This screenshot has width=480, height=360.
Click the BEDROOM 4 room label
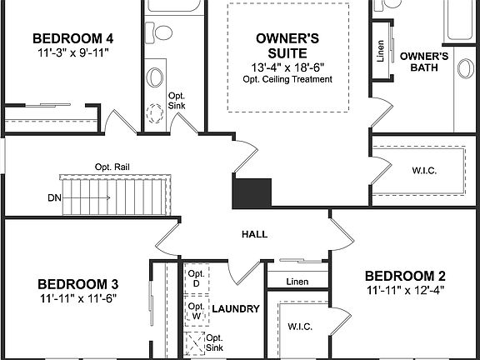coord(73,38)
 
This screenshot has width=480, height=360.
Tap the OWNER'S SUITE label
coord(288,45)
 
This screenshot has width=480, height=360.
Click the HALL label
coord(254,234)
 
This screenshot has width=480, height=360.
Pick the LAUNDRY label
coord(236,309)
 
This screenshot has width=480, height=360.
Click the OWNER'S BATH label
coord(424,62)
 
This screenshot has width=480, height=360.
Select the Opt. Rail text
coord(112,167)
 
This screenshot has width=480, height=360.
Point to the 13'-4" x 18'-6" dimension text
coord(288,67)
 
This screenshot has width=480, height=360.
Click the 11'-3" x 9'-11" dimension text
coord(73,52)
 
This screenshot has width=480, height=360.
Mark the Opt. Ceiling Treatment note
coord(288,80)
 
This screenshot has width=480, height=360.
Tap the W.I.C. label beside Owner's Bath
coord(424,171)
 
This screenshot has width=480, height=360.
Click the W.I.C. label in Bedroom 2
coord(299,326)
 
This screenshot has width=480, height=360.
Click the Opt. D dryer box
coord(196,279)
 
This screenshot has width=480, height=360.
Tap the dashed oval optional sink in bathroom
coord(155,113)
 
